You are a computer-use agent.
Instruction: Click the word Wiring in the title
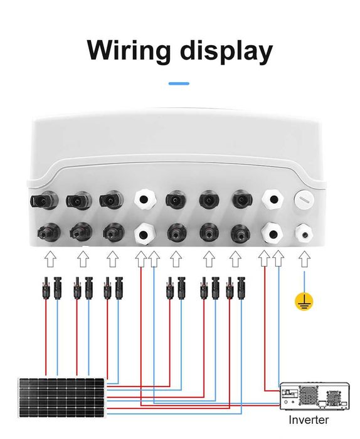129,50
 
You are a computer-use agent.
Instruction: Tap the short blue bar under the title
179,83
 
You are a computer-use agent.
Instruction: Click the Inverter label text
309,420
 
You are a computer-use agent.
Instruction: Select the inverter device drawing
315,396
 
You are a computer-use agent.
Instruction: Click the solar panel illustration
62,397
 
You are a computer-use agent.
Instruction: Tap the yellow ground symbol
304,302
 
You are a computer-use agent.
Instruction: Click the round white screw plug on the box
304,199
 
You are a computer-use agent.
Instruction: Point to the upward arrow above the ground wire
304,259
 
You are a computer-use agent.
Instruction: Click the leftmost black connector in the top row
44,201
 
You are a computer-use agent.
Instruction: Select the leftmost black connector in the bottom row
49,233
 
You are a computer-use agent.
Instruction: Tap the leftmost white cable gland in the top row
144,199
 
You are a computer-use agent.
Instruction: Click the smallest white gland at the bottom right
304,233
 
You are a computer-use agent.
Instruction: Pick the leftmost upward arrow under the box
51,259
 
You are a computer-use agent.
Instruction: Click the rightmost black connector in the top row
242,199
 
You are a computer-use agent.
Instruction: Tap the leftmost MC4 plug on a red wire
46,288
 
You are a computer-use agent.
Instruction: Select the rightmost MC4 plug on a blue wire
241,288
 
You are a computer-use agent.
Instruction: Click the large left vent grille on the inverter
308,396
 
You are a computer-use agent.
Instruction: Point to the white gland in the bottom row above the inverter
272,233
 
